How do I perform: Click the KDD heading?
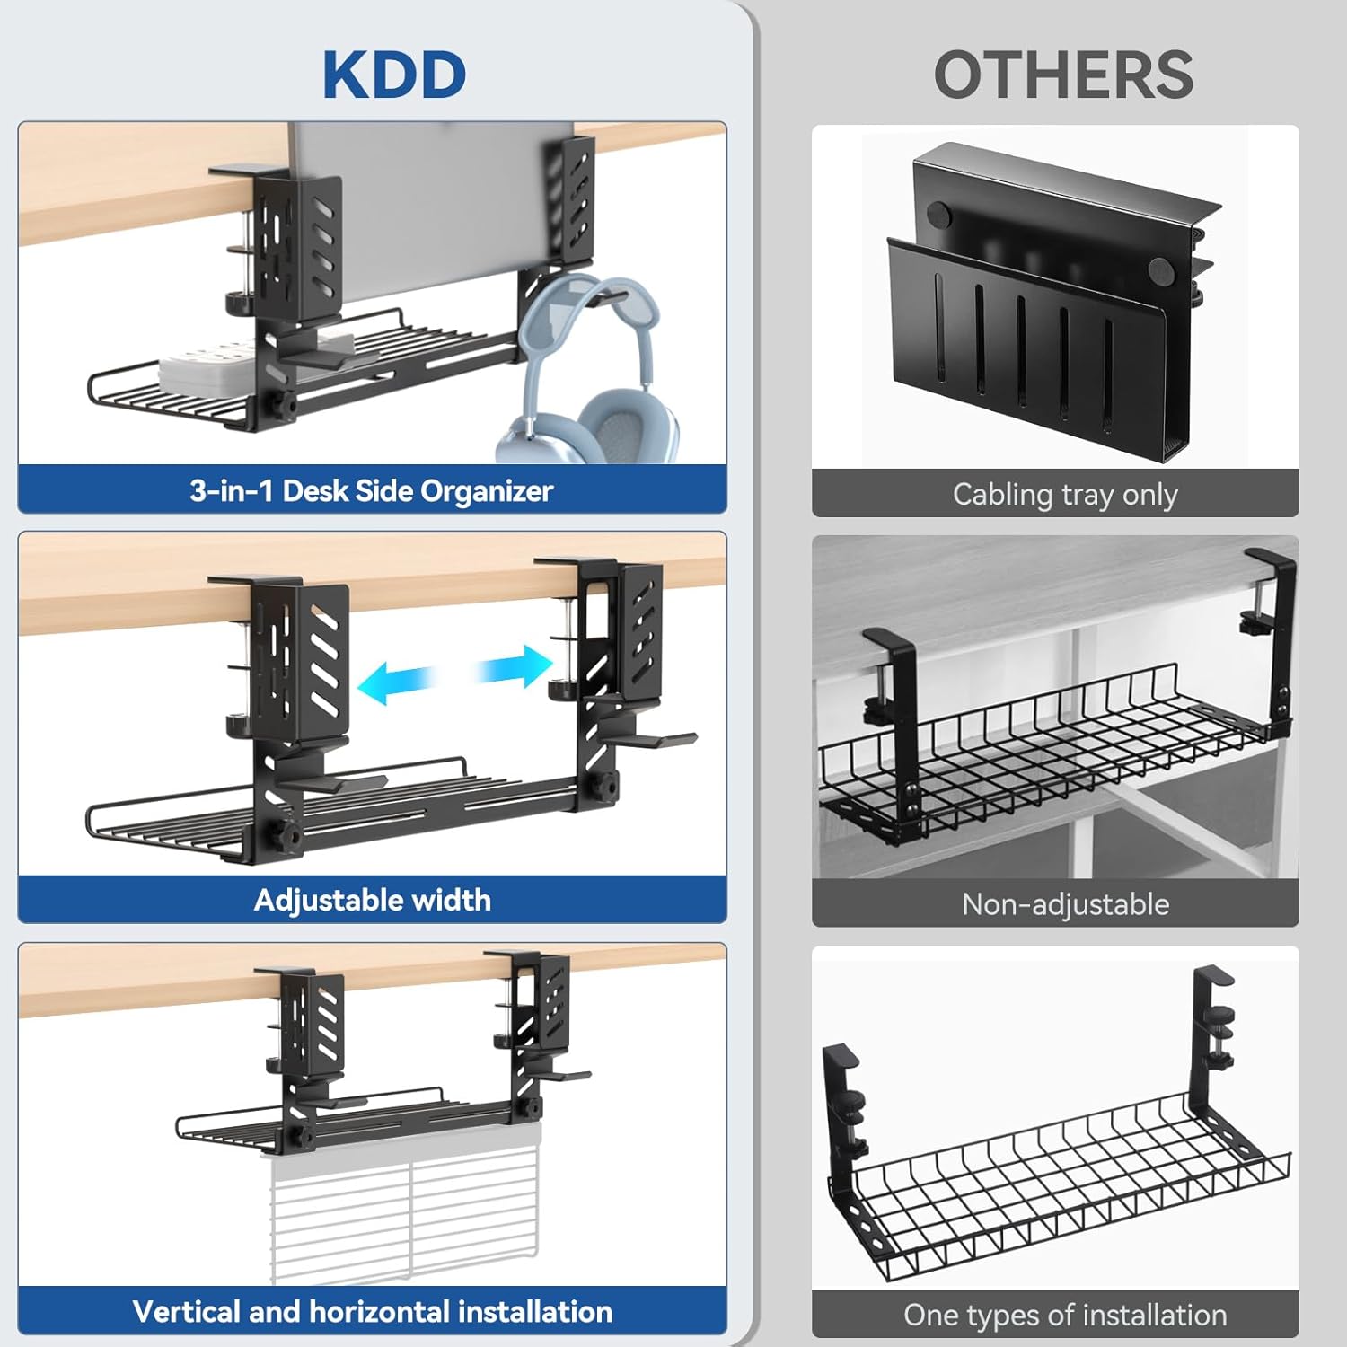(394, 75)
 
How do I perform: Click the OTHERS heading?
(1063, 75)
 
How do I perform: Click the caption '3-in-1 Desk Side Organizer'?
(371, 490)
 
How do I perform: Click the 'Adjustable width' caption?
(372, 900)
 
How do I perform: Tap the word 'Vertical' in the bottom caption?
(187, 1311)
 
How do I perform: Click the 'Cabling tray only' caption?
(1065, 495)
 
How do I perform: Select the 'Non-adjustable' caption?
(1065, 903)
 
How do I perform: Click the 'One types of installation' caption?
(1065, 1315)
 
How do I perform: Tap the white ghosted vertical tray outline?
(404, 1212)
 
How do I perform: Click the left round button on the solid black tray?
(938, 215)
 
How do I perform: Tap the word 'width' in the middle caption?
(450, 900)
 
